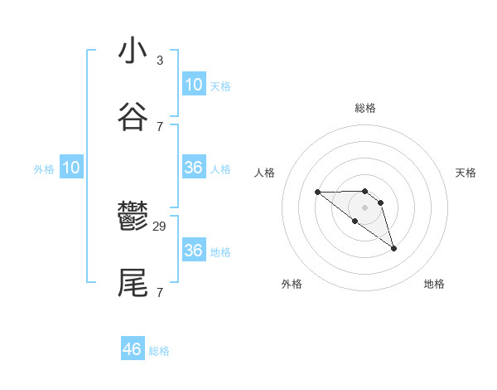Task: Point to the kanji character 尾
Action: [x=133, y=283]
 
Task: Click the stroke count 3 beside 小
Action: [x=159, y=61]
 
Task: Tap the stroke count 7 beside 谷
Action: [x=159, y=126]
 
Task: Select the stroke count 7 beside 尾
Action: [x=159, y=292]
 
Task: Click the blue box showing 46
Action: [x=133, y=349]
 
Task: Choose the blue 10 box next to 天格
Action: [x=193, y=85]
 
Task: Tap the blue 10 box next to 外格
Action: [x=71, y=168]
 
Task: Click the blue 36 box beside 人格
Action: [x=193, y=168]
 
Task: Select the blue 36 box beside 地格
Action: [x=193, y=251]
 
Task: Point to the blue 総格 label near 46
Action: [x=159, y=351]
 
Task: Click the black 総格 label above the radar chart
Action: [x=364, y=108]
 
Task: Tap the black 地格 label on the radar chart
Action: [x=434, y=284]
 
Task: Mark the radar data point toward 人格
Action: [x=318, y=193]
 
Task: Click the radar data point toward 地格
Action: [x=393, y=248]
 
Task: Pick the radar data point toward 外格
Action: [x=355, y=221]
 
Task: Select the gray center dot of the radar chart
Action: [x=364, y=207]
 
